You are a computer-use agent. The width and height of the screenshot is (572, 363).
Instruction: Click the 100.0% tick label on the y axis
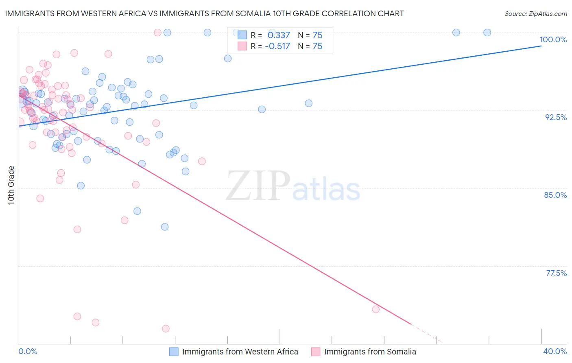(x=553, y=39)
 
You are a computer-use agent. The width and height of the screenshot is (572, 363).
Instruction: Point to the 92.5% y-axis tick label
(x=556, y=117)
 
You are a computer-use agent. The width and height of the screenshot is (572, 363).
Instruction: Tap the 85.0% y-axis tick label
(x=555, y=195)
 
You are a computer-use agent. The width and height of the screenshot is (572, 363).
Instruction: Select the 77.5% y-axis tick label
(x=556, y=273)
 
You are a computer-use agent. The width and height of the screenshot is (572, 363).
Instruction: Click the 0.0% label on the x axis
(x=28, y=351)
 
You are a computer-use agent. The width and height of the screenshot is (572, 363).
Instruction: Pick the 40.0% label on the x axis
(x=555, y=351)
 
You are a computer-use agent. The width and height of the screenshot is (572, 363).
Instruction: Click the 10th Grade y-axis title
(x=11, y=185)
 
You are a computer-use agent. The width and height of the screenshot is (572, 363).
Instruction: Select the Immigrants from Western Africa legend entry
(x=240, y=352)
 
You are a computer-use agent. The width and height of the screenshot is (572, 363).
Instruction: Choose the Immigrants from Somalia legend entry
(x=370, y=352)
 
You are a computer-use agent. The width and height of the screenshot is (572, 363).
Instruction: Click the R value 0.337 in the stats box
(x=279, y=35)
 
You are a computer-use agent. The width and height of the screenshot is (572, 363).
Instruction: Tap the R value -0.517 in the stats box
(x=277, y=46)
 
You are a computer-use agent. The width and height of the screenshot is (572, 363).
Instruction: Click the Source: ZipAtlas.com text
(x=535, y=14)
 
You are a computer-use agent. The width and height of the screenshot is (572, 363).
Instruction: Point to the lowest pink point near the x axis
(x=166, y=328)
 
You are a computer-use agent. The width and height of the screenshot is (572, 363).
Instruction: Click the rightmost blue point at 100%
(x=487, y=33)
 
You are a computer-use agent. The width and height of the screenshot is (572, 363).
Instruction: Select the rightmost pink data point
(x=376, y=309)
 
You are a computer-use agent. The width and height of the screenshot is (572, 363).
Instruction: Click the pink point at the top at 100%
(x=157, y=33)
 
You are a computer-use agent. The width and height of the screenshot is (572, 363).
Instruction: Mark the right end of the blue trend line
(x=541, y=46)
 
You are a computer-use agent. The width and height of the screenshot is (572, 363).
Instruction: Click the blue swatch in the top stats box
(x=242, y=35)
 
